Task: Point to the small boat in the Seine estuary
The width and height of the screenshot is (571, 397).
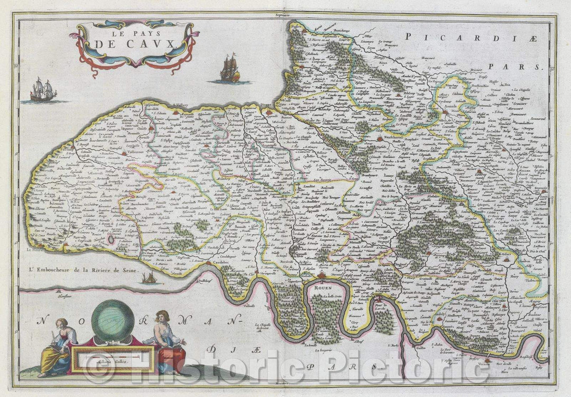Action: [149, 278]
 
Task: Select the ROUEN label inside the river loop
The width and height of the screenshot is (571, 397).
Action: [324, 288]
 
